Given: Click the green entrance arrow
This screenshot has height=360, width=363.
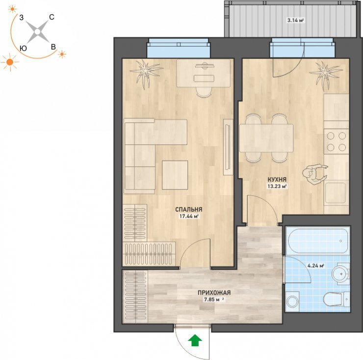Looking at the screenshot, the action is (195, 340).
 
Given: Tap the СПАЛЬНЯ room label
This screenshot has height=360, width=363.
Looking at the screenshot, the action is (189, 210).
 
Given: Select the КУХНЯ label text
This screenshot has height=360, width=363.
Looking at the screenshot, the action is (277, 179).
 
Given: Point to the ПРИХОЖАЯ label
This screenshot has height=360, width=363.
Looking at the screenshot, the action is (214, 293).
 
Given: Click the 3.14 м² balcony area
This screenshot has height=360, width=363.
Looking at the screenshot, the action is (295, 21).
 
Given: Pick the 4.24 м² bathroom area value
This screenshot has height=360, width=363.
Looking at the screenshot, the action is (315, 266).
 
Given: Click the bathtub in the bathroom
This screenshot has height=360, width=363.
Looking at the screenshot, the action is (317, 241).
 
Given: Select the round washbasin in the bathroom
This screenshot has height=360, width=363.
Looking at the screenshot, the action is (341, 274).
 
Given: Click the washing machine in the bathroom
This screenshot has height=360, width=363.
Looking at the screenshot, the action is (293, 302).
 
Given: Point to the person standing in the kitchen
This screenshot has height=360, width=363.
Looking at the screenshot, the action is (315, 174).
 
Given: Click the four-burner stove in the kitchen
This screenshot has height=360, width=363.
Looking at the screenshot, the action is (336, 141).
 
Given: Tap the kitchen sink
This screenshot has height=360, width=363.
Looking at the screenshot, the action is (335, 193).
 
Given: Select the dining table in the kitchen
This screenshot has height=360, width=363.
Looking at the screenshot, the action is (266, 138).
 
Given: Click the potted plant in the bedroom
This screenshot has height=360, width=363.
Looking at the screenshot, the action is (145, 73).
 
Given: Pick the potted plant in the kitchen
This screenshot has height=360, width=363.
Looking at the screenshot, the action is (326, 74).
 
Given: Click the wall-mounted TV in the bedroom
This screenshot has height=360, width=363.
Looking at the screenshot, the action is (228, 147).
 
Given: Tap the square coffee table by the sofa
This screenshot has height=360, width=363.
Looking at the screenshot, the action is (175, 175).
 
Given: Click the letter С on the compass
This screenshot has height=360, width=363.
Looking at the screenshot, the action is (52, 17).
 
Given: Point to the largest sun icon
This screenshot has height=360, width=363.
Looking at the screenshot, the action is (10, 62).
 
